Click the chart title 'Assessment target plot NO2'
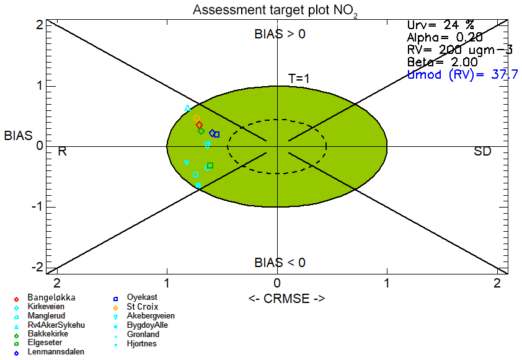click(275, 11)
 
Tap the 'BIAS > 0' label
click(280, 34)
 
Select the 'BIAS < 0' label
click(280, 263)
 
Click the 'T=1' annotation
click(299, 79)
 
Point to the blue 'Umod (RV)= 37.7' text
click(462, 74)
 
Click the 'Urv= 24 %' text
click(440, 25)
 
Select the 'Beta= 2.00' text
click(443, 62)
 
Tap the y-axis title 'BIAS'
click(19, 136)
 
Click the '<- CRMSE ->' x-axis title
click(286, 299)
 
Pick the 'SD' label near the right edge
click(482, 152)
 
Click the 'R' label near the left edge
click(62, 152)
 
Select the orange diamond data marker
click(197, 118)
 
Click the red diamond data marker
click(200, 125)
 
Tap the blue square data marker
click(217, 134)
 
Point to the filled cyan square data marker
click(198, 185)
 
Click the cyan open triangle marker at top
click(187, 108)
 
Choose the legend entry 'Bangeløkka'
click(51, 298)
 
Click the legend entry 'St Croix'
click(142, 307)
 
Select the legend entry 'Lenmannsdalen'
click(56, 352)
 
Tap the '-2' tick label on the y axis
click(37, 268)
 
